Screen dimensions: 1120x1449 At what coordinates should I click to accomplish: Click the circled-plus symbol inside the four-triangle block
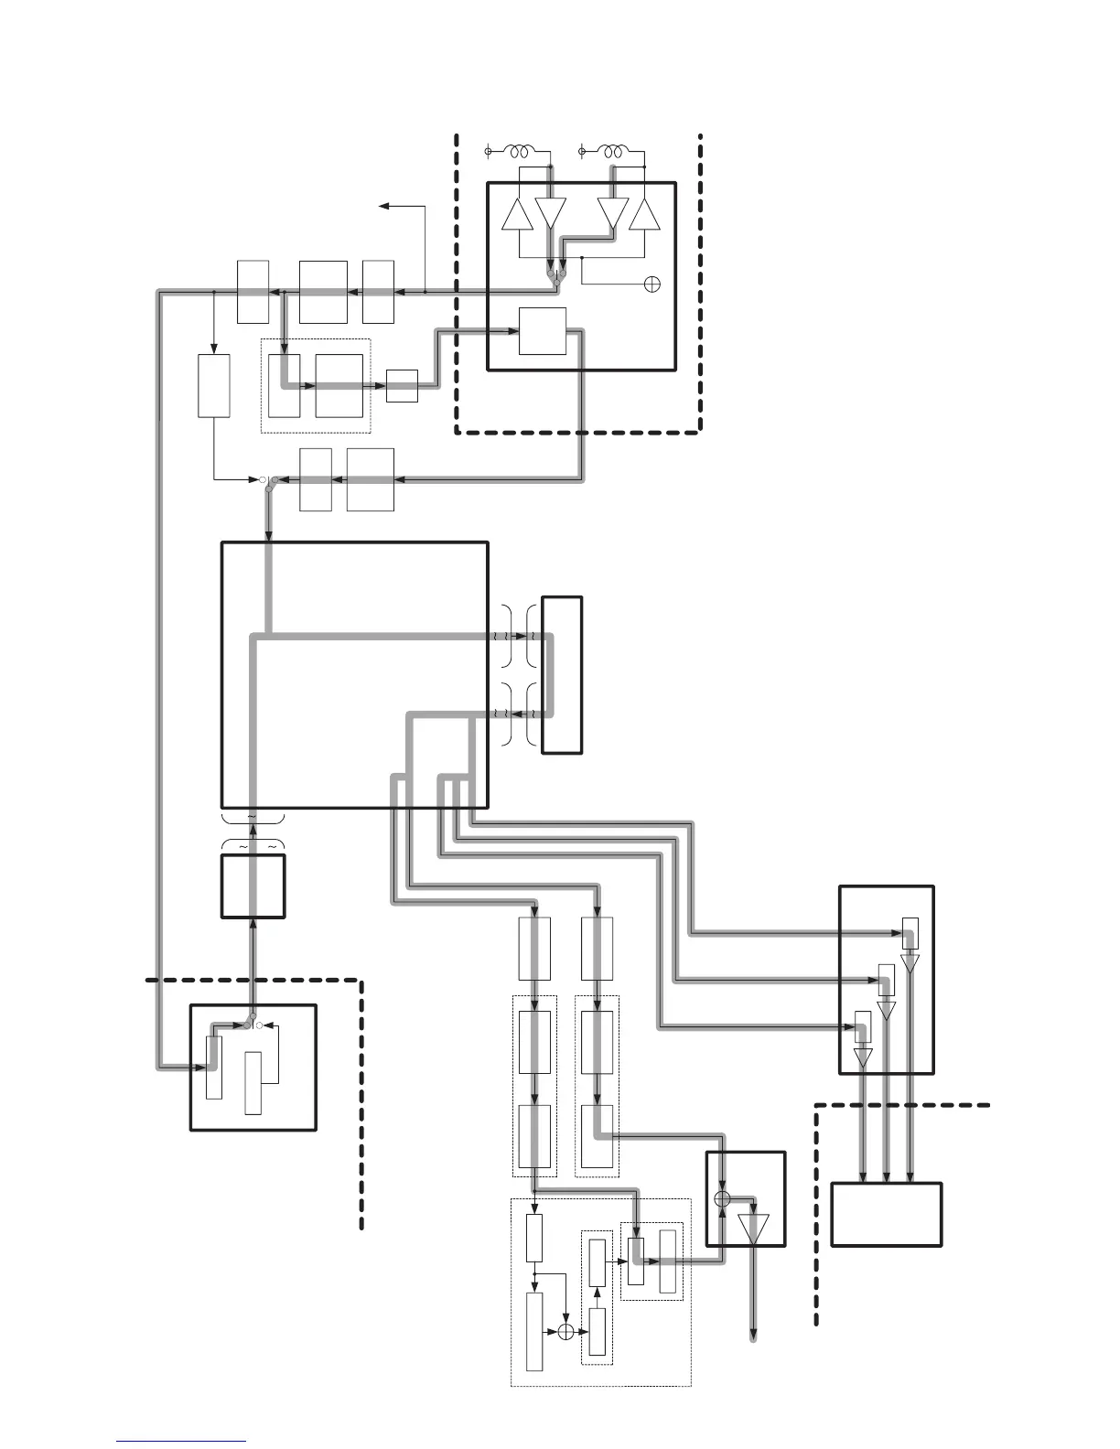tap(652, 284)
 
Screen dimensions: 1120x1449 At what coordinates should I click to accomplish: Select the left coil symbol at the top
tap(523, 151)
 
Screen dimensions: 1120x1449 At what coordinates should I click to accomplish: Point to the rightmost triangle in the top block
tap(645, 215)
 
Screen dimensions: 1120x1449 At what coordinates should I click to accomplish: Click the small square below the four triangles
tap(543, 330)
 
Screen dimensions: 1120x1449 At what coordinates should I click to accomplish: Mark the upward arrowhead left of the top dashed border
tap(384, 207)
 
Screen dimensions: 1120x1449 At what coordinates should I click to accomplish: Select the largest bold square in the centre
tap(355, 674)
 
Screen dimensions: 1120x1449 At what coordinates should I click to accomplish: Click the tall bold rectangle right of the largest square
tap(562, 674)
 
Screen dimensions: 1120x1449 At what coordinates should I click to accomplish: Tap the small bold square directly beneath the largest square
tap(253, 885)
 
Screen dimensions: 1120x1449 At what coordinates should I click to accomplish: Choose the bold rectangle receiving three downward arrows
tap(886, 1214)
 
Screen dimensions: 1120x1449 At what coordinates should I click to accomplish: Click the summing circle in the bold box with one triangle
tap(722, 1198)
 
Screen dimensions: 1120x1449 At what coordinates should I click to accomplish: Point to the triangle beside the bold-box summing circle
tap(754, 1228)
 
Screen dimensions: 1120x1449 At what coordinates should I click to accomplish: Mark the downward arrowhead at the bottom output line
tap(754, 1335)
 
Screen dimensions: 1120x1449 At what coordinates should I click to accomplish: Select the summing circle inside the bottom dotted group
tap(565, 1333)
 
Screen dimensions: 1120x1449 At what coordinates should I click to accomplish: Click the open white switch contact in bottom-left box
tap(259, 1026)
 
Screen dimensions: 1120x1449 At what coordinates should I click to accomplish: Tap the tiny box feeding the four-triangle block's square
tap(402, 385)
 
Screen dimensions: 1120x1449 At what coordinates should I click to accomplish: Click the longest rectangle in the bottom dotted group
tap(534, 1332)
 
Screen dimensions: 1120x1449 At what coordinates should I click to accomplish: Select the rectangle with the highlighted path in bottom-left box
tap(213, 1067)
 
